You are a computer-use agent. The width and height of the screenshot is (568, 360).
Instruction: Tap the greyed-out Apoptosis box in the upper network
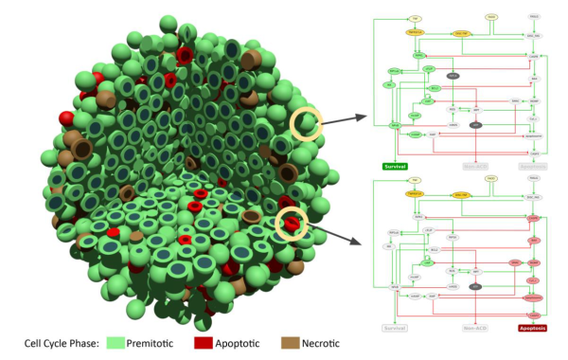(x=533, y=165)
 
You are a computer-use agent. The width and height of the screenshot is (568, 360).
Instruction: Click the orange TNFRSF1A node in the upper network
(x=416, y=31)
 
